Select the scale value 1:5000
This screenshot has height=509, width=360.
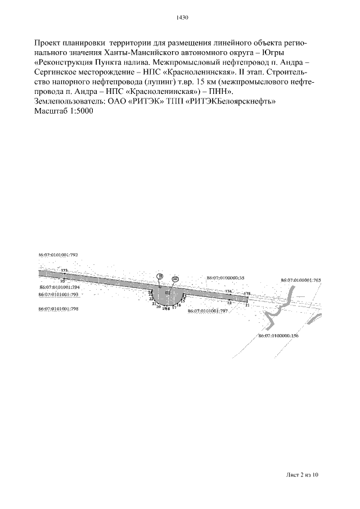tap(81, 111)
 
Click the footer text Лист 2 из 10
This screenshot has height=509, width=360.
tap(301, 475)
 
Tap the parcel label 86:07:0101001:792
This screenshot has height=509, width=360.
tap(58, 255)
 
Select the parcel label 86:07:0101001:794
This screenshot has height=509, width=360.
tap(59, 287)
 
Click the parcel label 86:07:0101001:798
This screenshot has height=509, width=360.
tap(58, 309)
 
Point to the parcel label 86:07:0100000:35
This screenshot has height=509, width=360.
tap(226, 278)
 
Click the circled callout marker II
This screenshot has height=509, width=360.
tap(160, 276)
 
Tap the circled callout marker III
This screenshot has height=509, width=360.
tap(175, 279)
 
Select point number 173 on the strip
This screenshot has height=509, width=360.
tap(64, 271)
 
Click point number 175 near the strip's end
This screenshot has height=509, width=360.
tap(246, 294)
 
